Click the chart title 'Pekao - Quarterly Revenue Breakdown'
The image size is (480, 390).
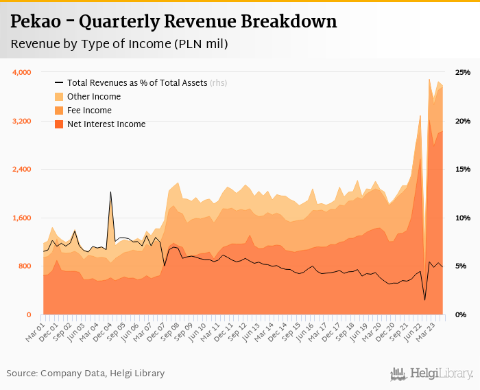[174, 22]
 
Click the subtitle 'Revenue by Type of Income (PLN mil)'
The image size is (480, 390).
[119, 44]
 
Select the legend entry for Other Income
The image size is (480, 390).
[94, 97]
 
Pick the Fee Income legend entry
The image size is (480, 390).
[89, 111]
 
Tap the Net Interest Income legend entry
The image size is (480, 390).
[106, 124]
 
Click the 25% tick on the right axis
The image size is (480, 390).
[463, 72]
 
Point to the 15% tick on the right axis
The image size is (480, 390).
[463, 170]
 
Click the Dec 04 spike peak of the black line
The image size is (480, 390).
[110, 192]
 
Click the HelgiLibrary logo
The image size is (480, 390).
[432, 374]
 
